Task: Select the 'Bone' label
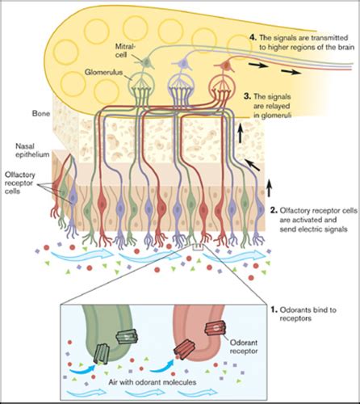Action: [40, 115]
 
